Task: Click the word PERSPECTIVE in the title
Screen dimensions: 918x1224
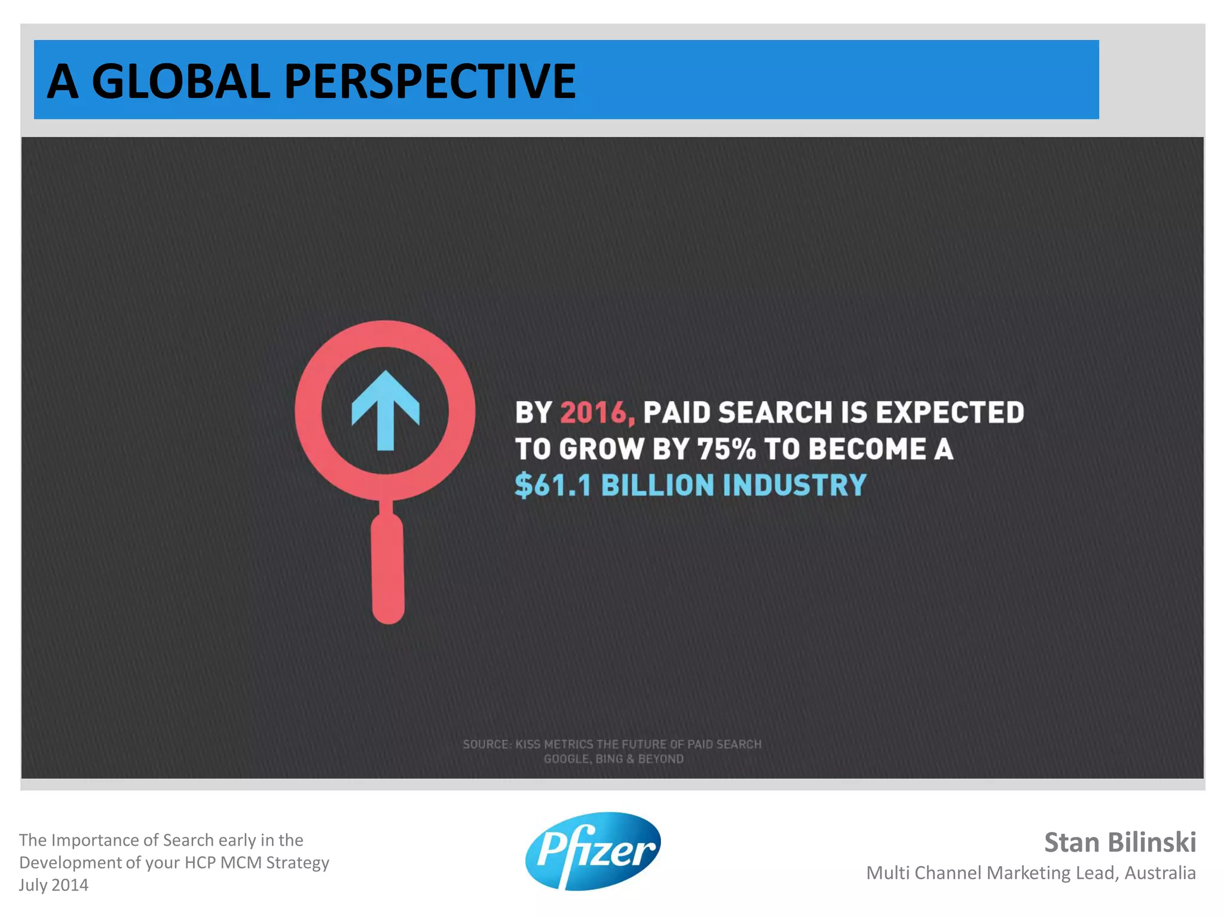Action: [x=430, y=81]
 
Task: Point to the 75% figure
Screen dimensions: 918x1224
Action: [x=726, y=449]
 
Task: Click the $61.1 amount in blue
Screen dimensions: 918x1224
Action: [x=553, y=485]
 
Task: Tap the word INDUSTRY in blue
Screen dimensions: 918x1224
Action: [x=794, y=485]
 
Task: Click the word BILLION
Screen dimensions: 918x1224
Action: [x=657, y=485]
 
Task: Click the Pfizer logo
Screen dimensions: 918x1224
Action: [x=593, y=851]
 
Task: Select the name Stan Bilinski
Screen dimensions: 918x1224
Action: [x=1119, y=842]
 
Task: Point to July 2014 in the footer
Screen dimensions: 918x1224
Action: [x=54, y=885]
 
